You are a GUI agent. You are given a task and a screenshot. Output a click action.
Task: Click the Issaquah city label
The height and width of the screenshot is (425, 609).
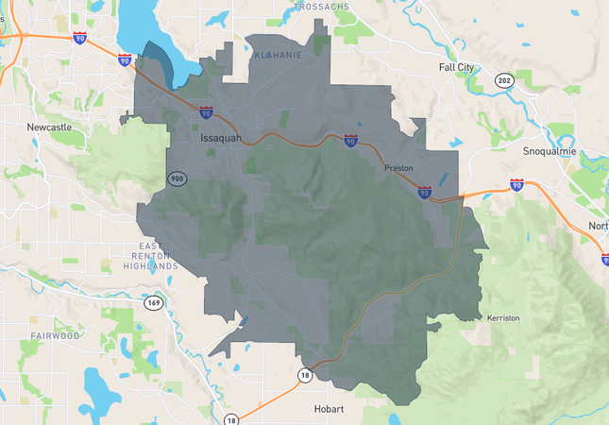221,138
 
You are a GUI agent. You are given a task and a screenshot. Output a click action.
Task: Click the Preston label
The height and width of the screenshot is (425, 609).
398,168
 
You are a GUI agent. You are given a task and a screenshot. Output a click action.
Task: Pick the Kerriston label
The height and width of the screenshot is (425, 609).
503,318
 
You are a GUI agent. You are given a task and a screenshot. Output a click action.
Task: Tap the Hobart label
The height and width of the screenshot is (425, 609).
330,409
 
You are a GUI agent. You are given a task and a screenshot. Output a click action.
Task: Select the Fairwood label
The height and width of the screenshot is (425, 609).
55,335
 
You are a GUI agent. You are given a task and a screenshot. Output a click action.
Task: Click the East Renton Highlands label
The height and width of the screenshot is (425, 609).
151,256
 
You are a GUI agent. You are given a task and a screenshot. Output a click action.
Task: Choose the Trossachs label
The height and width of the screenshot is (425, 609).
321,6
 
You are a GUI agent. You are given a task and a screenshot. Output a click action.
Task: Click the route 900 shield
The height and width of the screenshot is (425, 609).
177,178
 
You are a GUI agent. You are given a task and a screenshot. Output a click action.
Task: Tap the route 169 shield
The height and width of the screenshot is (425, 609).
153,303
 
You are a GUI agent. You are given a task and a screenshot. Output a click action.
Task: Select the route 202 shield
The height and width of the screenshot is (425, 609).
505,80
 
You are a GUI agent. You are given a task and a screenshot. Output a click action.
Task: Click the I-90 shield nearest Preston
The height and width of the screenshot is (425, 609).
425,193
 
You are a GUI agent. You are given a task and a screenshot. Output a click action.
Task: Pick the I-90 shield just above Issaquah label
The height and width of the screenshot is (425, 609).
206,112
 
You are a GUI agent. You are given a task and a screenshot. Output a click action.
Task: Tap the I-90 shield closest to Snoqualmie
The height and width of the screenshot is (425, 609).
516,184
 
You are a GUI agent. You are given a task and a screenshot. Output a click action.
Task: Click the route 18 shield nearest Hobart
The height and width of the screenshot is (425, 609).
304,375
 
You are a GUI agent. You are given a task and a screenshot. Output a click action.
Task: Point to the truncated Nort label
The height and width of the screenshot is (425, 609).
598,226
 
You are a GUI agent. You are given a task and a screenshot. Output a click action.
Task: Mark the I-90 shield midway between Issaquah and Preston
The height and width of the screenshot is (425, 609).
350,141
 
